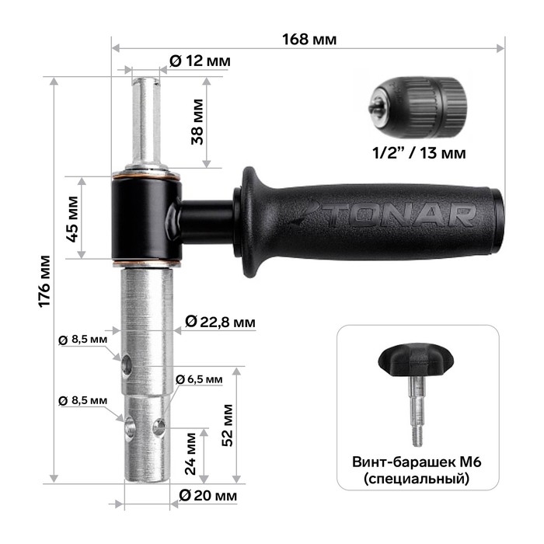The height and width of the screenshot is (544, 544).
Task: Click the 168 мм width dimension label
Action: [309, 39]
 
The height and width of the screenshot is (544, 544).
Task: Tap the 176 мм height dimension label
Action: [44, 281]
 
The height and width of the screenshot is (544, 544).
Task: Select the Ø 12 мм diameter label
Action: [200, 61]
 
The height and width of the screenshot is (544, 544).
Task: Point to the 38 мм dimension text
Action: [197, 121]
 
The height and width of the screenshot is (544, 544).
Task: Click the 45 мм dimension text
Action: [72, 219]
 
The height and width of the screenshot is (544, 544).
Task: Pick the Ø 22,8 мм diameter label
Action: [220, 322]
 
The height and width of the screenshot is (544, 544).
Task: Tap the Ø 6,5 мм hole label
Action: [199, 379]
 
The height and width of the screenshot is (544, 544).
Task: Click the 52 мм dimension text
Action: [227, 425]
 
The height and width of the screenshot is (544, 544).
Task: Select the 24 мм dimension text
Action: [190, 453]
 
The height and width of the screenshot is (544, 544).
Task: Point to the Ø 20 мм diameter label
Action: [207, 495]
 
